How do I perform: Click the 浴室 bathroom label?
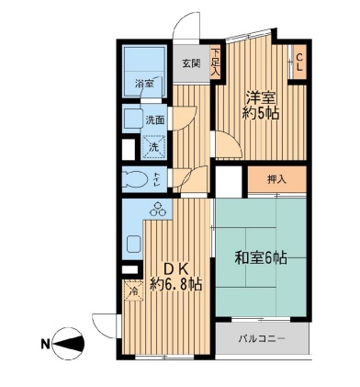144,84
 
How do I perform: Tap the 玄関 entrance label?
190,63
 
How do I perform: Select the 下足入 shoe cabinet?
216,62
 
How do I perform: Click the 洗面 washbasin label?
154,120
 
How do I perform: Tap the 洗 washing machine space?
153,144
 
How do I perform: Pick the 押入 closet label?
276,178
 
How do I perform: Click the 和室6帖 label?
261,258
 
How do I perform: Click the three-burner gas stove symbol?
155,210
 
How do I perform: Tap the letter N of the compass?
45,345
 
